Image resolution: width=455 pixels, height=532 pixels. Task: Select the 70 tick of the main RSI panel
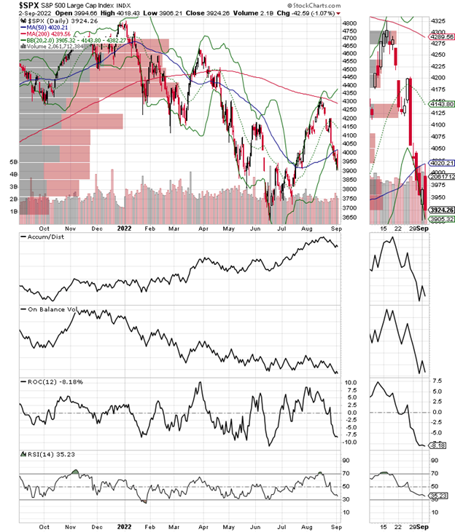point(350,475)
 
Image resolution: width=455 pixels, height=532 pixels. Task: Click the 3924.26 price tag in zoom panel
point(439,210)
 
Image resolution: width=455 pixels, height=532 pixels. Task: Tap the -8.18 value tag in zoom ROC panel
point(438,445)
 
